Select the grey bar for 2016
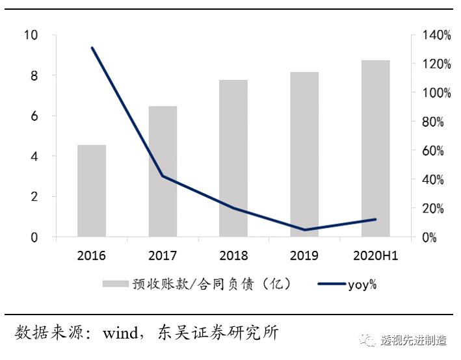tap(92, 191)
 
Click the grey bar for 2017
tap(163, 172)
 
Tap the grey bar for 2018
tap(233, 159)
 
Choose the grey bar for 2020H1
tap(375, 149)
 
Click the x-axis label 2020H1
tap(375, 255)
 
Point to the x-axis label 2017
tap(163, 255)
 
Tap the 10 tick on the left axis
tap(31, 35)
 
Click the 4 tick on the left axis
tap(34, 157)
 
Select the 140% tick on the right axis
tap(436, 35)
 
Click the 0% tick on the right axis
tap(429, 238)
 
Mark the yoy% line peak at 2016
tap(92, 47)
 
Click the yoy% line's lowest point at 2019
tap(304, 229)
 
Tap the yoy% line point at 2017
tap(163, 176)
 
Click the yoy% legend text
tap(362, 284)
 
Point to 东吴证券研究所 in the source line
tap(218, 333)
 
